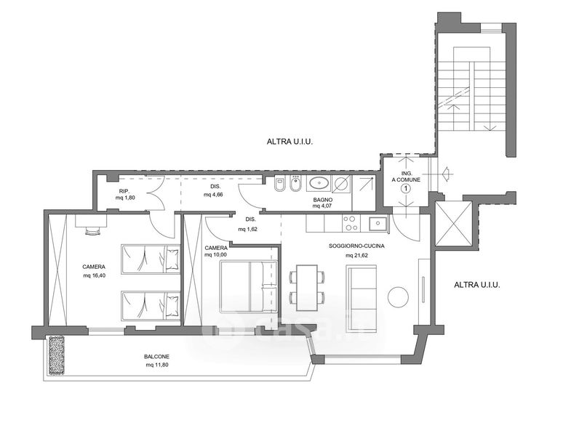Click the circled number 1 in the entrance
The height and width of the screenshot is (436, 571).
(406, 188)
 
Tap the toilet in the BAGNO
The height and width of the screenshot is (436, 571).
(279, 184)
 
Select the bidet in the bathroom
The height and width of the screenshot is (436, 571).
(295, 184)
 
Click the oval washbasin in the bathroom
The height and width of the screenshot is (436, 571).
(319, 182)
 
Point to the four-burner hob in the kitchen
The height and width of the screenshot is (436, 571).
(351, 223)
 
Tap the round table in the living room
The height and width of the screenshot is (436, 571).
(398, 297)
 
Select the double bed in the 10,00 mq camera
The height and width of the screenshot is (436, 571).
(248, 286)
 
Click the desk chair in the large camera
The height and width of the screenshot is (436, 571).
(93, 232)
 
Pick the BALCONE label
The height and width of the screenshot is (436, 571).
(156, 357)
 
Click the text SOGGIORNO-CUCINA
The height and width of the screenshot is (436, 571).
(356, 246)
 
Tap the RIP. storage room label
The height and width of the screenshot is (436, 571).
(124, 191)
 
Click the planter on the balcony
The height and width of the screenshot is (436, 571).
(57, 355)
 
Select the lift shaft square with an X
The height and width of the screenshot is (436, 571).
(453, 223)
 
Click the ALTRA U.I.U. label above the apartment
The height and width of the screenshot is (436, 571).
(290, 142)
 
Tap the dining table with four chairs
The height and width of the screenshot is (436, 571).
(307, 288)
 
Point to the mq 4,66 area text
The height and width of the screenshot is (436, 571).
(213, 194)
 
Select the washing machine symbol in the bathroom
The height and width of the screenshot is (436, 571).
(342, 183)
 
